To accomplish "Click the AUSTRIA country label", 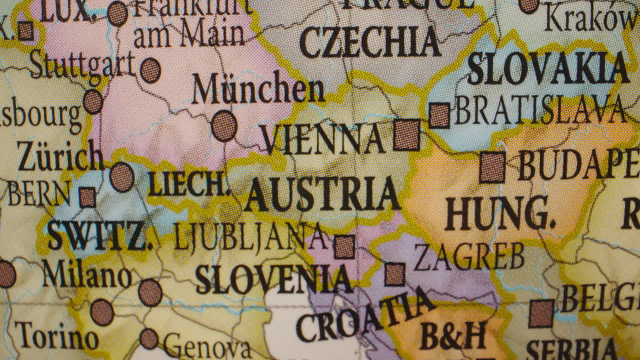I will (322, 194).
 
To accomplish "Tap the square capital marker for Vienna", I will (406, 135).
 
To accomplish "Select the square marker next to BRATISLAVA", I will (439, 115).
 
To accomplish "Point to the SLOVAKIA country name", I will (547, 68).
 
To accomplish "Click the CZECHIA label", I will (370, 42).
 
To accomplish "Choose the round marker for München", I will (223, 125).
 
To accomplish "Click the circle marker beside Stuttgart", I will (150, 70).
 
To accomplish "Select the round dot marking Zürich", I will (121, 177).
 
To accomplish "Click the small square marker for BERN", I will (87, 197).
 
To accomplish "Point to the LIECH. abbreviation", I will (188, 185).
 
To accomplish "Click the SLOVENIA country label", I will (273, 279).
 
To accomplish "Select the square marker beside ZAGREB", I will (394, 274).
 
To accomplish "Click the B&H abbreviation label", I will (453, 335).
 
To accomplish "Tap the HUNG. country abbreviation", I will (499, 213).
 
